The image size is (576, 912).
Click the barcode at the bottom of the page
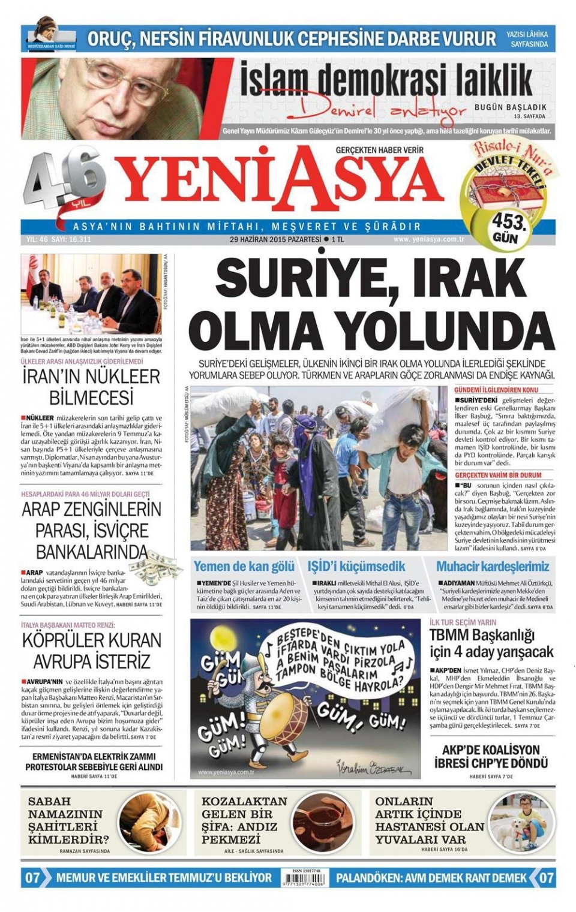[x=303, y=880]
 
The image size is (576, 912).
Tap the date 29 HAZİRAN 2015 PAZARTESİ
[x=275, y=239]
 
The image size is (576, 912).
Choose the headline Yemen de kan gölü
[x=244, y=567]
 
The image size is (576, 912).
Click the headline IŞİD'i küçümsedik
[x=356, y=567]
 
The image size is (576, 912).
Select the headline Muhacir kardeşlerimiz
[x=493, y=567]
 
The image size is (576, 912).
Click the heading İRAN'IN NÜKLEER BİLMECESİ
[x=91, y=387]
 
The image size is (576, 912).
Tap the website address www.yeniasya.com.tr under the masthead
[x=430, y=239]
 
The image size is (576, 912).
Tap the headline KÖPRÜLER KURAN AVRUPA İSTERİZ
[x=91, y=651]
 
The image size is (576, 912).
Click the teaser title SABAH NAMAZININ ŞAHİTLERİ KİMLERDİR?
[x=68, y=820]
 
